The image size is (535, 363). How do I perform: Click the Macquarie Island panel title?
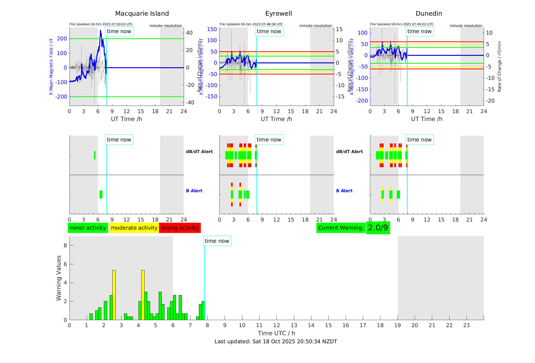click(x=142, y=14)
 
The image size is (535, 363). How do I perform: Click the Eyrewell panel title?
click(x=278, y=14)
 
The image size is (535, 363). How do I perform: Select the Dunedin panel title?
click(x=429, y=14)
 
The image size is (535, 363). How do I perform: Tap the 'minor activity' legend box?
click(x=88, y=228)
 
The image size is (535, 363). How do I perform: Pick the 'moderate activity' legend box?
click(x=134, y=228)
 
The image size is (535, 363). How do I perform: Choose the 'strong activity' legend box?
click(x=180, y=228)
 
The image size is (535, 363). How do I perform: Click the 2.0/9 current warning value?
click(x=378, y=228)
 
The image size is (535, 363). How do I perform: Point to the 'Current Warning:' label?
click(x=341, y=228)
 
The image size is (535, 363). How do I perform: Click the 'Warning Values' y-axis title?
click(x=59, y=278)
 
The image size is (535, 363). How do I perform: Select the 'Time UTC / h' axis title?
click(x=276, y=333)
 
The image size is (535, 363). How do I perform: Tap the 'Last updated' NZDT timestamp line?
click(x=276, y=342)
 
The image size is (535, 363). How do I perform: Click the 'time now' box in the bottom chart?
click(x=217, y=241)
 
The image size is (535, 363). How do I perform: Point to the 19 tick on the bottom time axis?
click(x=398, y=325)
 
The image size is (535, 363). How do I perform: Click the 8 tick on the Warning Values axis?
click(x=65, y=246)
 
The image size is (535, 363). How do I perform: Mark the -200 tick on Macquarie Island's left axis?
click(x=62, y=97)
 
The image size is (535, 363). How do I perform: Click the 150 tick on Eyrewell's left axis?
click(x=212, y=29)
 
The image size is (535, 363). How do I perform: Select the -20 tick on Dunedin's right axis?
click(x=491, y=101)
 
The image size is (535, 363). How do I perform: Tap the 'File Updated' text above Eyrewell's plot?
click(x=251, y=24)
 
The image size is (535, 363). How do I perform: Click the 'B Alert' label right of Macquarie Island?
click(x=194, y=191)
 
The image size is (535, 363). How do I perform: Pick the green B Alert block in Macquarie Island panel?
click(x=101, y=195)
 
